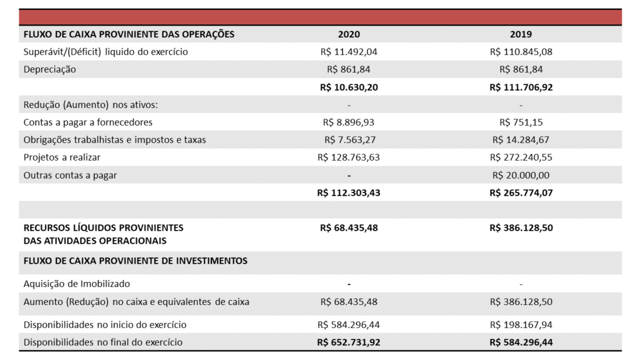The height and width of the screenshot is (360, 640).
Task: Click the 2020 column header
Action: (x=349, y=34)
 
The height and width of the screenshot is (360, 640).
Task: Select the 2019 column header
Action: (x=521, y=34)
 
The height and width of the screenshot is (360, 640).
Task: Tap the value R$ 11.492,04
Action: (x=349, y=52)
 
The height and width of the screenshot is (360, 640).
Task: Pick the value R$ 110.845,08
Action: (x=521, y=52)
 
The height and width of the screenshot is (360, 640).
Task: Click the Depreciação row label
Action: (x=50, y=69)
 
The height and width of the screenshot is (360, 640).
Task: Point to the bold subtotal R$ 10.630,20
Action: (x=349, y=87)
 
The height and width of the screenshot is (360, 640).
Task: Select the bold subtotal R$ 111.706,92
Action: (x=521, y=87)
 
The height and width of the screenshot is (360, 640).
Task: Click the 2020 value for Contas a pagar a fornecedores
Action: (x=349, y=122)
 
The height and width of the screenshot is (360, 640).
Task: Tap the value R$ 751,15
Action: (x=521, y=122)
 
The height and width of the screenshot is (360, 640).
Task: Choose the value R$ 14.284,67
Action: (x=521, y=140)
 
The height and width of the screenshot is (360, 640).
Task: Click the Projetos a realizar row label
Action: (x=62, y=157)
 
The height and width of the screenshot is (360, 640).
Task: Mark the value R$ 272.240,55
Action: (x=521, y=157)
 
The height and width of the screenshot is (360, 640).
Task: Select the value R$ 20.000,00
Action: (x=521, y=176)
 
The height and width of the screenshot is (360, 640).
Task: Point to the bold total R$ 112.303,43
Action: (x=349, y=192)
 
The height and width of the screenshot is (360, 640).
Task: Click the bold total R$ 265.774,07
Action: (x=521, y=192)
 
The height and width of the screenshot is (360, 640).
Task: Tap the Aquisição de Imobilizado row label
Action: (x=77, y=284)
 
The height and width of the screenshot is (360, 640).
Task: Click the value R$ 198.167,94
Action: (x=521, y=325)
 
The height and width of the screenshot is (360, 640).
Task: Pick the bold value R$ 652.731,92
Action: (x=349, y=342)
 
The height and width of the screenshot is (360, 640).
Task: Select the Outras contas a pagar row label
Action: (x=70, y=176)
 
